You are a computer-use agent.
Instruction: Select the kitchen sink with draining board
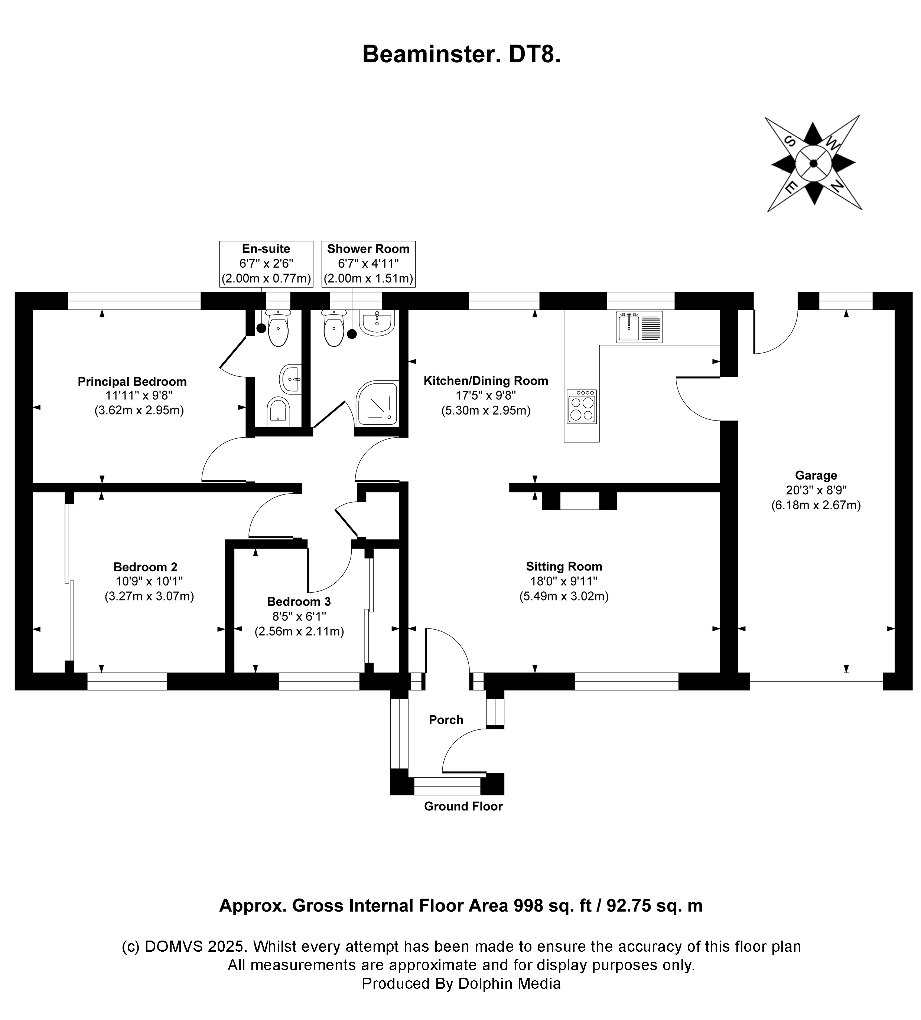pos(639,327)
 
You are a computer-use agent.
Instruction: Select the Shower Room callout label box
pos(368,264)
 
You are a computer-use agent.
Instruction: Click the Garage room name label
pos(816,475)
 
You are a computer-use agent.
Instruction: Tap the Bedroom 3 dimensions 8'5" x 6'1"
pos(299,617)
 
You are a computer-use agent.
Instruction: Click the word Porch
pos(446,720)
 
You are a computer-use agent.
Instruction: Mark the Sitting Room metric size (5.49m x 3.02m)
pos(564,596)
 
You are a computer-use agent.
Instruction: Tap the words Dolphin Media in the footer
pos(509,984)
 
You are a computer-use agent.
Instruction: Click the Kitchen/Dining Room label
pos(486,381)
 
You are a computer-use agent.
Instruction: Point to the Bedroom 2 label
pos(145,567)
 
